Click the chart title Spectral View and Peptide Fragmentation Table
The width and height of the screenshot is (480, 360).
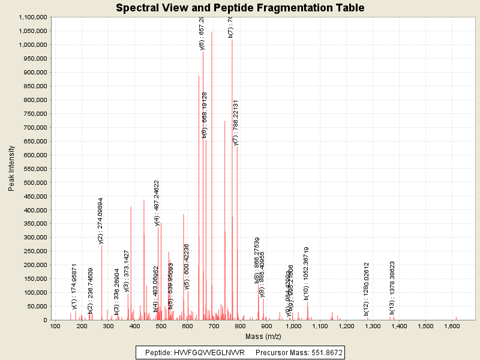[x=240, y=8]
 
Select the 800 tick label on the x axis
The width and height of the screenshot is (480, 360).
[x=241, y=326]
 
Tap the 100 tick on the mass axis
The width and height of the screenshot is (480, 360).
[x=55, y=326]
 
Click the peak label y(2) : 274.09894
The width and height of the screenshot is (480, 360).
[x=101, y=220]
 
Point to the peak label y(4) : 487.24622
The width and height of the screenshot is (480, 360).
[x=157, y=203]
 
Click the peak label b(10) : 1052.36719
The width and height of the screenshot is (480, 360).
[x=306, y=273]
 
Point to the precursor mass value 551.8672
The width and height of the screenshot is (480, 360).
[x=323, y=353]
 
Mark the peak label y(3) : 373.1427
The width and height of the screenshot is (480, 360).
[x=127, y=271]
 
